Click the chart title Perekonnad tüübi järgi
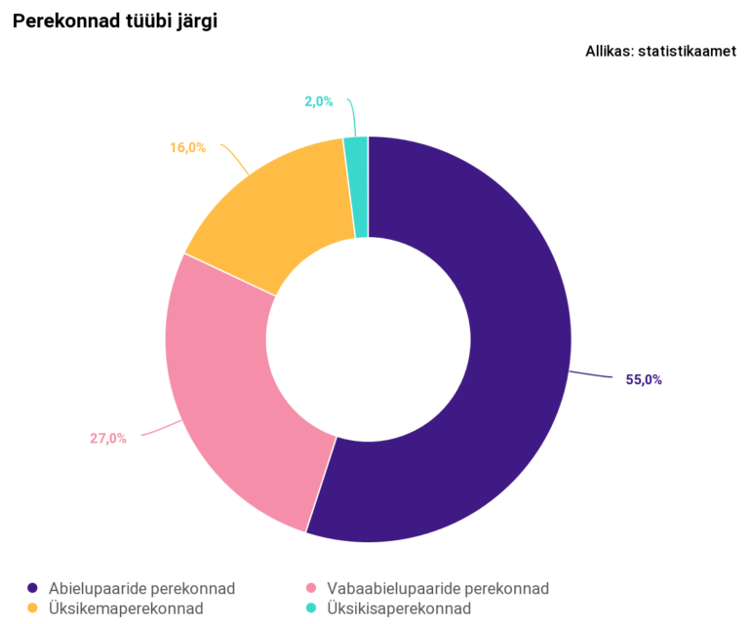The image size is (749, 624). click(114, 21)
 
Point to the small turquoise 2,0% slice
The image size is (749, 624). click(357, 185)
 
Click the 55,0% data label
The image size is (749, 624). click(644, 380)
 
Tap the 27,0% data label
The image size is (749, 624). click(108, 439)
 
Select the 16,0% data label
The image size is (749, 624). click(187, 148)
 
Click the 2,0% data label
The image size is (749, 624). click(319, 101)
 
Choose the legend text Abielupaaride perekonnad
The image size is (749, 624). click(143, 589)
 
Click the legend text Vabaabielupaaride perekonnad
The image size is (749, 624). click(438, 589)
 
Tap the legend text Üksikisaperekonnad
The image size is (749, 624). click(400, 608)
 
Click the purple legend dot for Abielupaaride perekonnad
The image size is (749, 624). click(32, 589)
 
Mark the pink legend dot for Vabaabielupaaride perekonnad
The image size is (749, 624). click(311, 589)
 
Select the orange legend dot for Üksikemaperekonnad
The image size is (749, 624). click(32, 608)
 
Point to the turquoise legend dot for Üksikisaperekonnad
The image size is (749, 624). click(311, 608)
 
